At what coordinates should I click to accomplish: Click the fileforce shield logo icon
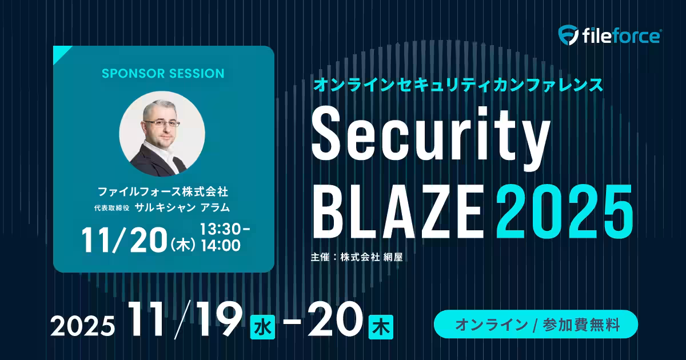tap(568, 35)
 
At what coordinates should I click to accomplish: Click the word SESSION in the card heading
tap(197, 74)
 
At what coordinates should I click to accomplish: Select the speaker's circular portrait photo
tap(162, 134)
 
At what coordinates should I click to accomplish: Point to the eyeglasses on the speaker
tap(162, 123)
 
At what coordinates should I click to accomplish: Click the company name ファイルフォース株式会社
tap(163, 192)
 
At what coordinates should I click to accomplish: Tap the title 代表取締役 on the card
tap(112, 208)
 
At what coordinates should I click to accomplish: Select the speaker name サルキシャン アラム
tap(182, 207)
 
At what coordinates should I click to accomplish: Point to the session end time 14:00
tap(221, 246)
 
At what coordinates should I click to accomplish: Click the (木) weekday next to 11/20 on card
tap(183, 246)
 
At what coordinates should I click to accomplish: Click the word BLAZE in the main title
tap(398, 212)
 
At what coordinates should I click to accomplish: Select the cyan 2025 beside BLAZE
tap(564, 212)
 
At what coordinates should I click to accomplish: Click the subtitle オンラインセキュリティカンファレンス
tap(458, 85)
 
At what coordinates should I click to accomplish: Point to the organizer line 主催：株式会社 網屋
tap(357, 257)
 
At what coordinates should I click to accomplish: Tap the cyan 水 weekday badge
tap(262, 327)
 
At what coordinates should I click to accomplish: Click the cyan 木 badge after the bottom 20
tap(381, 327)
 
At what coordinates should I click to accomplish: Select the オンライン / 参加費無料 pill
tap(536, 324)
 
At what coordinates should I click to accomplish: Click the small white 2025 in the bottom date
tap(83, 326)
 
